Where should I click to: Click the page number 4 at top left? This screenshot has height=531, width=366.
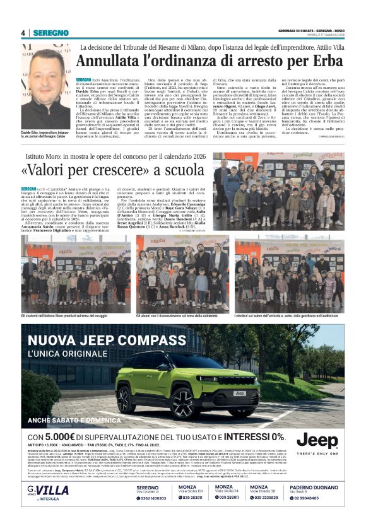[23, 33]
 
